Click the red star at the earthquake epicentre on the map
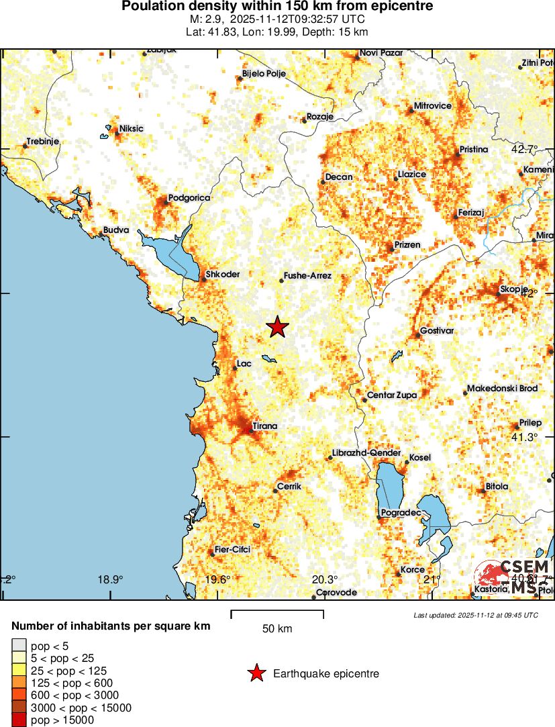(277, 327)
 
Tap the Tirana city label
(264, 426)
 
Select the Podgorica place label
(189, 198)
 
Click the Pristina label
(474, 149)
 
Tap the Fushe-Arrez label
(308, 276)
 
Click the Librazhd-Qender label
(368, 453)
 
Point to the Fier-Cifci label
(232, 549)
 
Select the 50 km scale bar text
(277, 629)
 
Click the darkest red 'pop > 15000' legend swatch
(19, 720)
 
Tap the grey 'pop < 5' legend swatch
(19, 646)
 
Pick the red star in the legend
(256, 673)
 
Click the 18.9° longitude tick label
(110, 579)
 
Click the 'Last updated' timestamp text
(475, 615)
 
